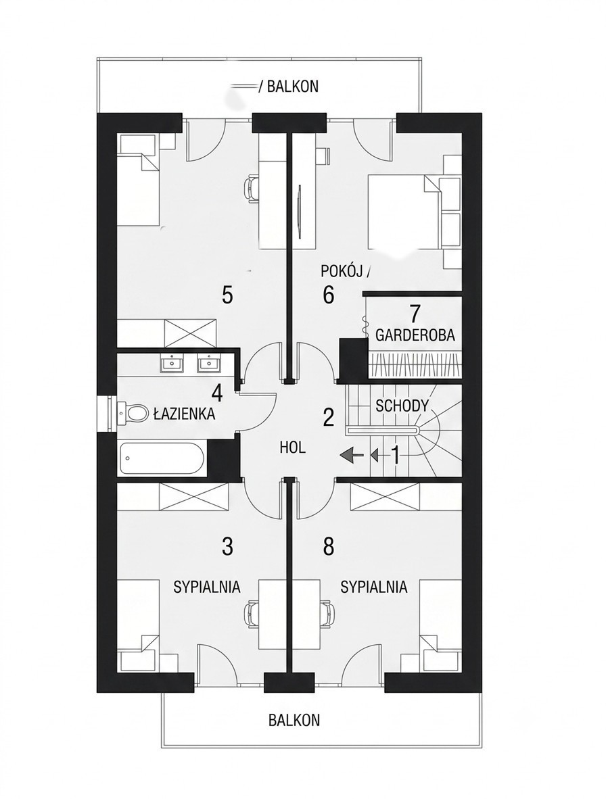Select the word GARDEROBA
415,335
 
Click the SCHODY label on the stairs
402,406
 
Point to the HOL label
293,448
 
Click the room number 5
227,295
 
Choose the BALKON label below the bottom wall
294,720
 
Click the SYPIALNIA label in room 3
207,587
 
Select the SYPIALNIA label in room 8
374,587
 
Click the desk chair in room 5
252,189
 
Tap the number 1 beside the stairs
395,455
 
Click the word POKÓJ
342,272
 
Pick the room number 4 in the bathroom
218,393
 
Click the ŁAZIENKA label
185,414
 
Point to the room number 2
328,418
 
